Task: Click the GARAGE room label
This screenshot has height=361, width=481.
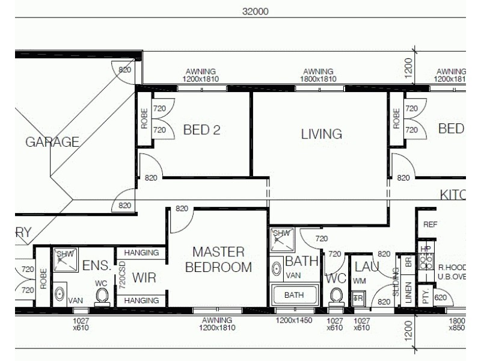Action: click(52, 142)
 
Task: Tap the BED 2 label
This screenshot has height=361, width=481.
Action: click(201, 129)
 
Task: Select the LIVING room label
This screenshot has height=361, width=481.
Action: click(321, 134)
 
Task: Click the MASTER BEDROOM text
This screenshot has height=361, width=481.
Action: click(218, 259)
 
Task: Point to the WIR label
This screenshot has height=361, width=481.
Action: click(144, 278)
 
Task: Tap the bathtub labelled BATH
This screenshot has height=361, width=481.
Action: click(294, 295)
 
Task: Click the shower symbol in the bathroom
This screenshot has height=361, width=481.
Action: click(281, 238)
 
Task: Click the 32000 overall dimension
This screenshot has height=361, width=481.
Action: click(255, 11)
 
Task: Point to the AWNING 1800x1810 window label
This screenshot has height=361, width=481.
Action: click(318, 75)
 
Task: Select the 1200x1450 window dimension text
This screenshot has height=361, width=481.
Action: click(294, 321)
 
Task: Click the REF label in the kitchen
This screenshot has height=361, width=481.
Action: click(430, 224)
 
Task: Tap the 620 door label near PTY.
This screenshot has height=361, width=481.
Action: click(441, 297)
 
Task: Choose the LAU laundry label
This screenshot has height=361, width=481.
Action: click(366, 265)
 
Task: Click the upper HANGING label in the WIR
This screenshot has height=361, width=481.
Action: click(142, 253)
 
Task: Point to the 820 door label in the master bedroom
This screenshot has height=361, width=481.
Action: click(182, 209)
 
